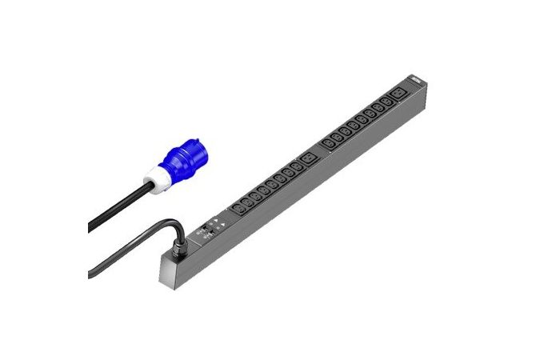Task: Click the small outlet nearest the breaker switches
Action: [238, 210]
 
